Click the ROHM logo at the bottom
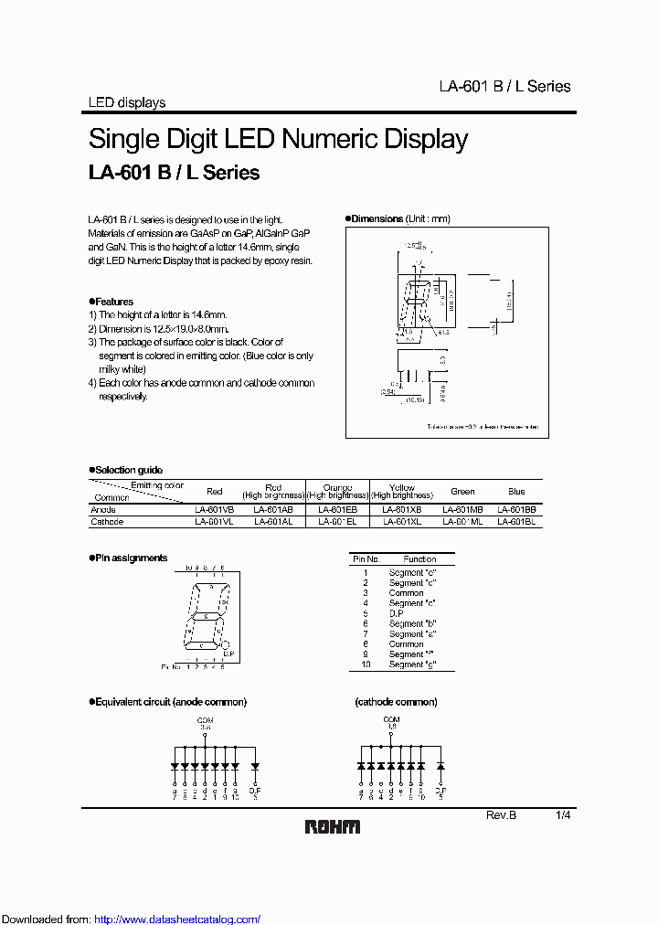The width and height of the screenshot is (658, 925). (332, 826)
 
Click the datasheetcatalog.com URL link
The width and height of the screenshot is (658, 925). (177, 919)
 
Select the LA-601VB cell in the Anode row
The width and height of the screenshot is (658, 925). (214, 510)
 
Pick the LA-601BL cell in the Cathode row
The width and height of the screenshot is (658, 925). (516, 522)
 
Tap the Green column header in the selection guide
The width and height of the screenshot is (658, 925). (462, 491)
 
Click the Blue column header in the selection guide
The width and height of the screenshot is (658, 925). (516, 491)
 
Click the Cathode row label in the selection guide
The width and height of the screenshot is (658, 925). (107, 522)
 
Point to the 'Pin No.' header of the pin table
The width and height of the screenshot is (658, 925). (366, 558)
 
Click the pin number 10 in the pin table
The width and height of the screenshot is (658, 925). (366, 665)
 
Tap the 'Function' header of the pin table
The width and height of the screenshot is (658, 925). (419, 558)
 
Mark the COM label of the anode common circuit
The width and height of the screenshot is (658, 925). (205, 720)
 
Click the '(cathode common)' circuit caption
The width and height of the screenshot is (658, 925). (396, 702)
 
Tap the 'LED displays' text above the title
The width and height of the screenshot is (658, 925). (126, 102)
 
